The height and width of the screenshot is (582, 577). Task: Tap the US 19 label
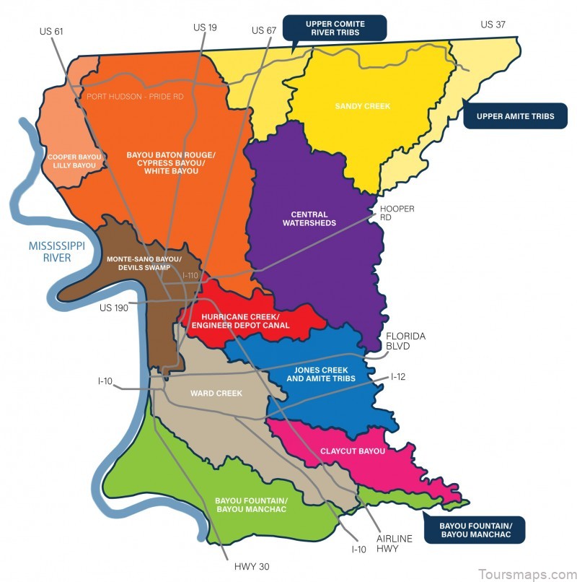pos(206,27)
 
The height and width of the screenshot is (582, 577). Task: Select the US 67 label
pos(264,30)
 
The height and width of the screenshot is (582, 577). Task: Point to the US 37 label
pos(493,25)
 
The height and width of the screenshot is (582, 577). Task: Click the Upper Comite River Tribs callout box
pos(335,29)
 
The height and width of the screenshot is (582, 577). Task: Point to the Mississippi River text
pos(57,252)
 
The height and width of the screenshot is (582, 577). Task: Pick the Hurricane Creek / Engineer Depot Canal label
pos(245,321)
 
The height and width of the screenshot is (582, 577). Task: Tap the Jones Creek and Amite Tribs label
pos(321,374)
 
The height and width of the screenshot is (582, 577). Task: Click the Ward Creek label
pos(216,394)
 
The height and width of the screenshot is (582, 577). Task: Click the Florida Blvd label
pos(405,341)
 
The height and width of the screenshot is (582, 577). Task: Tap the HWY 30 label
pos(252,567)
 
